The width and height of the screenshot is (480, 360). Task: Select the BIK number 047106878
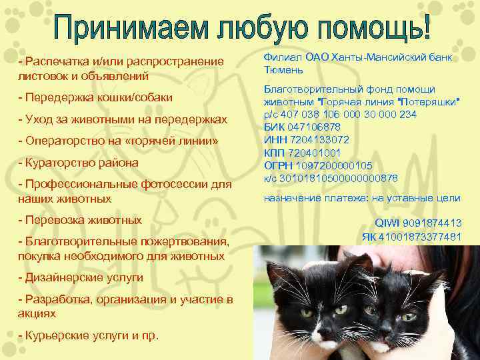317,127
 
